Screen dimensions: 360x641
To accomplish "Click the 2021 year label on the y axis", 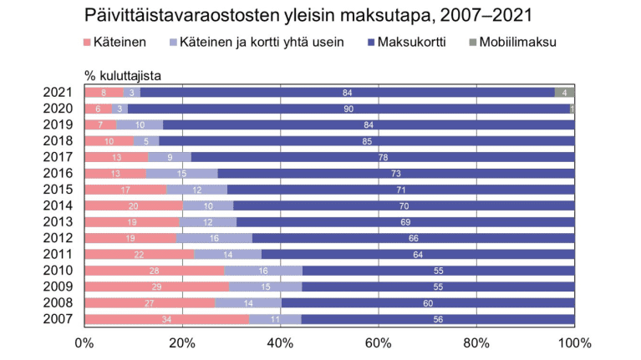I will (x=59, y=93).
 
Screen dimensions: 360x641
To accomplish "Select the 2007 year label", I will (x=59, y=318).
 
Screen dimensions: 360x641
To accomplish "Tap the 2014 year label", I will (x=59, y=205).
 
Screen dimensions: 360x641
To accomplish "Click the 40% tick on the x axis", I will (x=281, y=342).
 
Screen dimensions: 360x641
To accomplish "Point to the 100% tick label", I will (x=573, y=342).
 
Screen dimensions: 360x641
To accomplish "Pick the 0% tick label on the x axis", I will (x=85, y=342).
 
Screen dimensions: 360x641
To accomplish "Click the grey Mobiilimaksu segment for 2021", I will (x=564, y=93).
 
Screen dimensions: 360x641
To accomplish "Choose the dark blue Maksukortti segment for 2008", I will (x=428, y=302).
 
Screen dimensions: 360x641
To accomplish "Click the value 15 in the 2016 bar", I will (x=182, y=173).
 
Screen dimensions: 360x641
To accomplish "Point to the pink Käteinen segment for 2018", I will (x=109, y=141).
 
